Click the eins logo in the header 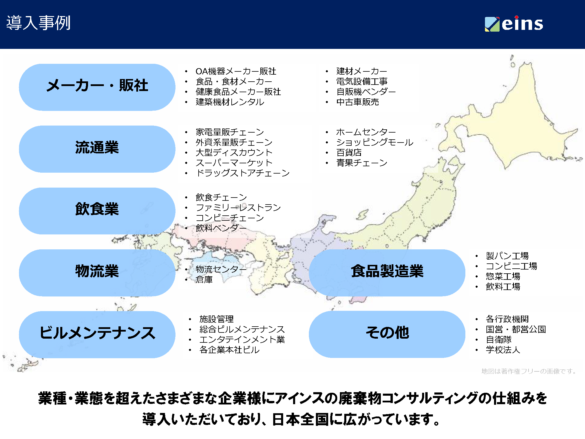tap(514, 23)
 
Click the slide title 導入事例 tap(38, 23)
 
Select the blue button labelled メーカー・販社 tap(97, 87)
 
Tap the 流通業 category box tap(97, 149)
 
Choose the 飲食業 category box tap(97, 211)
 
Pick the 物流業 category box tap(97, 272)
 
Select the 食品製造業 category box tap(387, 272)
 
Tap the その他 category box tap(387, 334)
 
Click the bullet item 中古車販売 tap(357, 102)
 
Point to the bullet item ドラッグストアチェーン tap(243, 173)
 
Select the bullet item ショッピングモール tap(375, 142)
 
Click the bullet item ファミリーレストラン tap(238, 208)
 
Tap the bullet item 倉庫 tap(204, 280)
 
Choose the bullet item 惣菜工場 tap(503, 276)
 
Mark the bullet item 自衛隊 tap(498, 339)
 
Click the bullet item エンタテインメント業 tap(242, 339)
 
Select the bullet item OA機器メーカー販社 tap(236, 71)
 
